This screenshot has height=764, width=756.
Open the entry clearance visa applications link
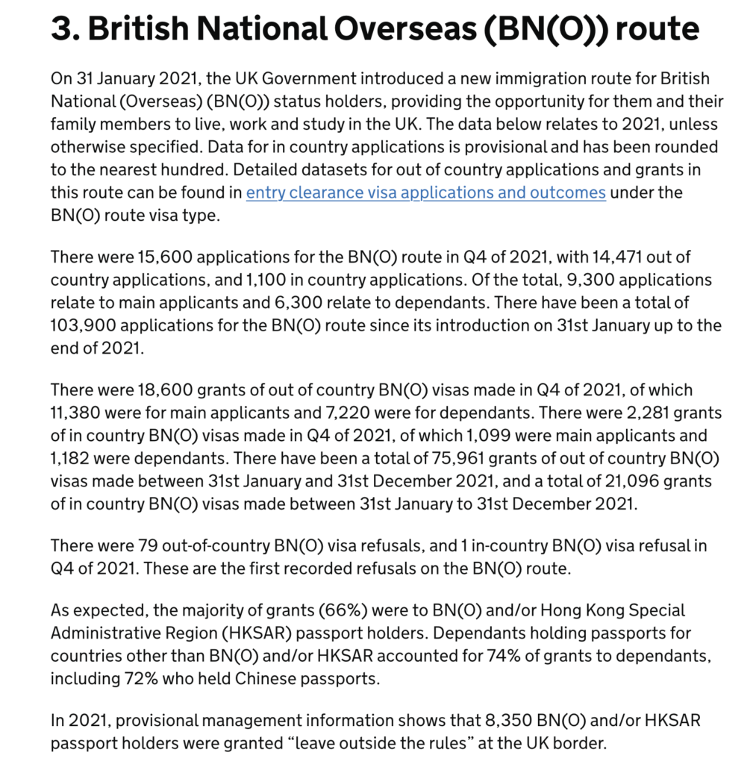click(x=425, y=192)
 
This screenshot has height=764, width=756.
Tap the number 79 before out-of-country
click(x=145, y=545)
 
